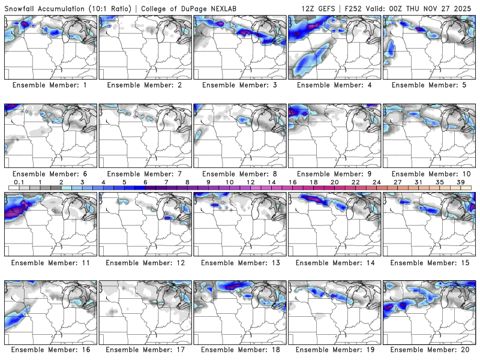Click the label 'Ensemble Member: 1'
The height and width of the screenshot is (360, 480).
pyautogui.click(x=50, y=85)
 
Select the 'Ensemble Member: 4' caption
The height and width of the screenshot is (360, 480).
pyautogui.click(x=335, y=85)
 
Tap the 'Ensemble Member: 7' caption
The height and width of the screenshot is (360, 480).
pyautogui.click(x=145, y=174)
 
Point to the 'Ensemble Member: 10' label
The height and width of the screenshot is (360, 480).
pyautogui.click(x=430, y=174)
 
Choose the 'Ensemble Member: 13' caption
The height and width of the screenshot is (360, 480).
pyautogui.click(x=239, y=262)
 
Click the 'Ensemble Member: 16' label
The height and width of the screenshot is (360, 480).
pyautogui.click(x=50, y=349)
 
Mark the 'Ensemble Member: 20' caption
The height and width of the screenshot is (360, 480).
pyautogui.click(x=430, y=349)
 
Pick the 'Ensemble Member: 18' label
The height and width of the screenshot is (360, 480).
pyautogui.click(x=239, y=349)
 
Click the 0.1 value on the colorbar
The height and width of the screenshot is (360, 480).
pyautogui.click(x=19, y=182)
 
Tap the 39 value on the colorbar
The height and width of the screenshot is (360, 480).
pyautogui.click(x=460, y=182)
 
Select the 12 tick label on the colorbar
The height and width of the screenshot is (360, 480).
pyautogui.click(x=250, y=182)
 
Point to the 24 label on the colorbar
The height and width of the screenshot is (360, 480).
pyautogui.click(x=376, y=182)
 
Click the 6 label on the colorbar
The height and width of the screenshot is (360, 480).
pyautogui.click(x=145, y=182)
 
